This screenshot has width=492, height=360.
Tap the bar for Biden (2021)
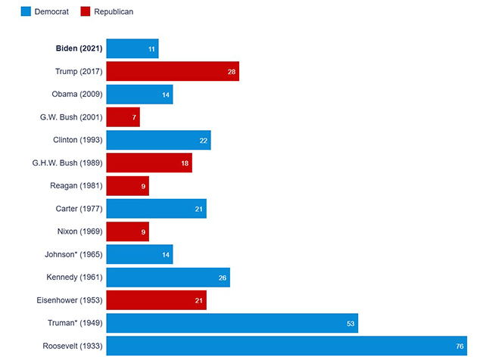[x=132, y=48]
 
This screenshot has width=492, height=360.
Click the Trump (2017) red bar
[x=172, y=71]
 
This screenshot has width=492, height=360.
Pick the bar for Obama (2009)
[x=139, y=95]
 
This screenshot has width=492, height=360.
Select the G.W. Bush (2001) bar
[x=123, y=117]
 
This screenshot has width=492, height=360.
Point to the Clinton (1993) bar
[x=158, y=140]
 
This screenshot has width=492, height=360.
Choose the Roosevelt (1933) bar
[x=286, y=346]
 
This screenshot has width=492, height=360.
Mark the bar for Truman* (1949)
[x=232, y=323]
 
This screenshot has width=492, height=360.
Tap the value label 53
[x=350, y=324]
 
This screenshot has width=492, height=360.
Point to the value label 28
[x=232, y=72]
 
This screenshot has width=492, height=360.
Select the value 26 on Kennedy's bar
[x=223, y=278]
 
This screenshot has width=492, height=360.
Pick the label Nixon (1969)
[x=78, y=231]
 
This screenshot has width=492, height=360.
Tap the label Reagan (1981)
[x=76, y=186]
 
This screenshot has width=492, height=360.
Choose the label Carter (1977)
[x=78, y=209]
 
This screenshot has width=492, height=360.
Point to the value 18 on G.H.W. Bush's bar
[x=185, y=163]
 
